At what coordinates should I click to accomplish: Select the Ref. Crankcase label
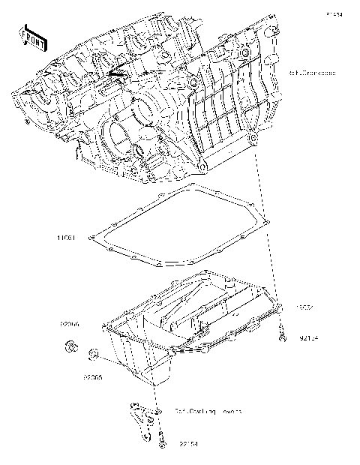(x=310, y=73)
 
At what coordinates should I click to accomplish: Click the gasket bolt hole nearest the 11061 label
(x=91, y=239)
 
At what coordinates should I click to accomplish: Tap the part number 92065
(x=93, y=377)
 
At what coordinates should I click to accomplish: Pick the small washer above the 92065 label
(x=93, y=354)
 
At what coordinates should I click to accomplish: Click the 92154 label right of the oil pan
(x=307, y=339)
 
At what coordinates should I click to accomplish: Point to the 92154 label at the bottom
(x=188, y=444)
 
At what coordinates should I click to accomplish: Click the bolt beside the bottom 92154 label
(x=160, y=443)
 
